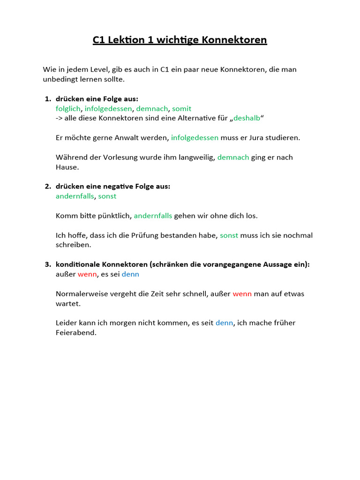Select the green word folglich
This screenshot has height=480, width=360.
68,108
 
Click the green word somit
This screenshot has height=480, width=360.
182,108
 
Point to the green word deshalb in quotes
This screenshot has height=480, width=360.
247,118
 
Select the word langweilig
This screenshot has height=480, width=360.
194,157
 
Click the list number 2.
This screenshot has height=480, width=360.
48,187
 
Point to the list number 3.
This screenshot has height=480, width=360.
48,264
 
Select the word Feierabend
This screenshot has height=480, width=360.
75,333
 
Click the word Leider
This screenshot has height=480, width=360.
66,323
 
